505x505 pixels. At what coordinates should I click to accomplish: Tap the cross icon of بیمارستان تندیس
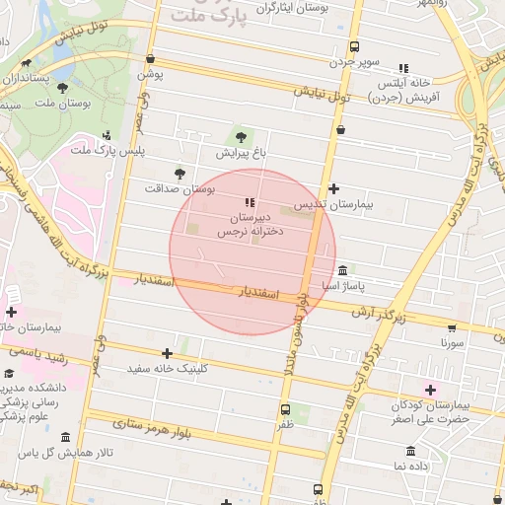333,188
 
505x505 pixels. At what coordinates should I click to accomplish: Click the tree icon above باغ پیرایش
241,136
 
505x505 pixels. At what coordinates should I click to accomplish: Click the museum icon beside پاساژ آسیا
342,270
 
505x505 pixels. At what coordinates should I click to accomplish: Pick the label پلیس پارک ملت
105,149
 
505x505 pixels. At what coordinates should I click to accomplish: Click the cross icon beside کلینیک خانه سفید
167,353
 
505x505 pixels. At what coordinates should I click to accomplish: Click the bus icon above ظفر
285,409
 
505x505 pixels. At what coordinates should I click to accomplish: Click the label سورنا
453,344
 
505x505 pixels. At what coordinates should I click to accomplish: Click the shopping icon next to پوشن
149,59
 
